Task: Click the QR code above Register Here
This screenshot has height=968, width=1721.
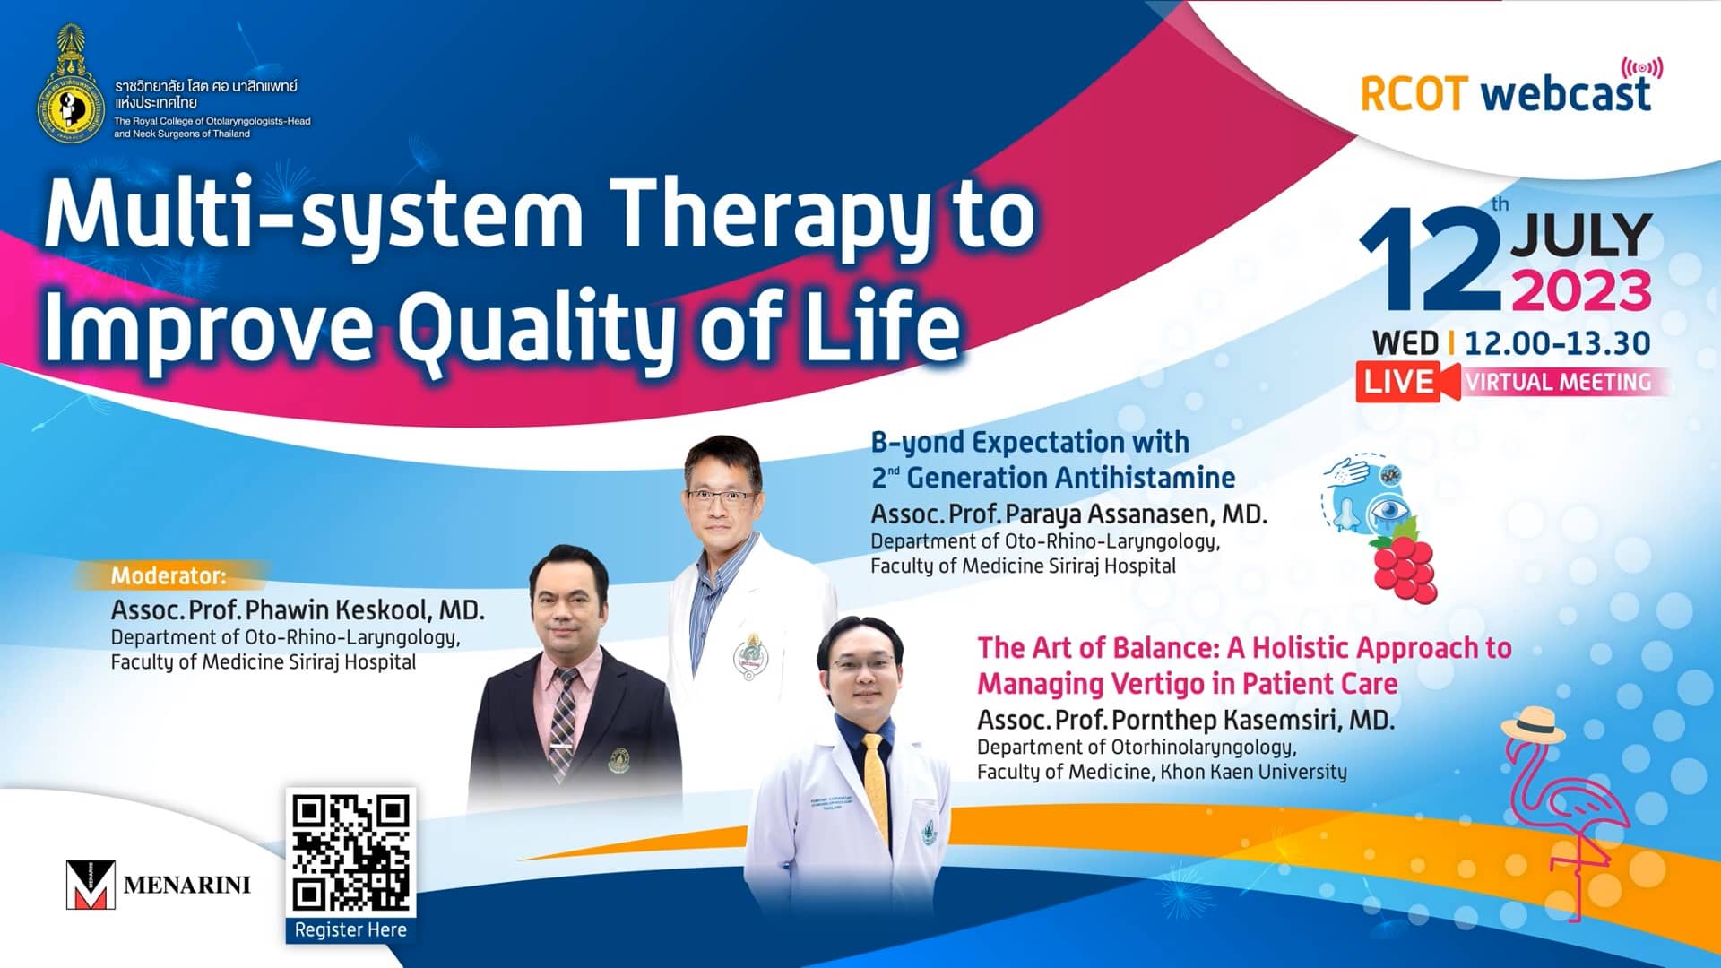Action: click(x=350, y=851)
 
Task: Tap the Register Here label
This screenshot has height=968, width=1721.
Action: click(x=350, y=929)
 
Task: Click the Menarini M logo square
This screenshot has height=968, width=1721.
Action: click(x=91, y=885)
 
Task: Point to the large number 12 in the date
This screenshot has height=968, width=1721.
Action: click(x=1430, y=260)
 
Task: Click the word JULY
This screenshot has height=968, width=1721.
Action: click(x=1581, y=236)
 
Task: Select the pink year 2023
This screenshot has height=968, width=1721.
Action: click(x=1581, y=291)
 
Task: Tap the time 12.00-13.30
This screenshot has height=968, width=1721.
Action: click(x=1557, y=342)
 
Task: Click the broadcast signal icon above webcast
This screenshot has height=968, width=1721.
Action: click(x=1642, y=68)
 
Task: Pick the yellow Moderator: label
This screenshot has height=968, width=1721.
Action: click(x=169, y=575)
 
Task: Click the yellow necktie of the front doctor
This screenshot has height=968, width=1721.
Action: click(x=875, y=778)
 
